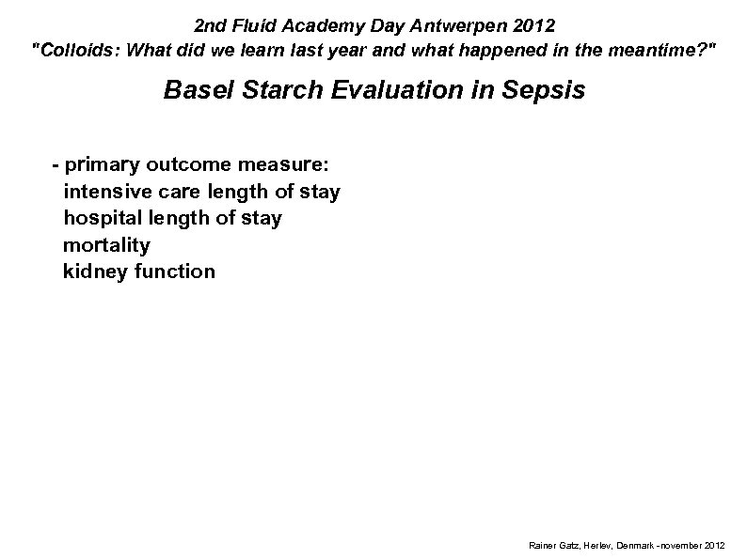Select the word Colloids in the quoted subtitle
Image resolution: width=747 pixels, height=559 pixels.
79,52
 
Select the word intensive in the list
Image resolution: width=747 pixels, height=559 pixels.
103,192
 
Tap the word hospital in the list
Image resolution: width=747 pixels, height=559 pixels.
99,218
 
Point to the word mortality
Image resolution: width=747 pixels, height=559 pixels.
105,245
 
